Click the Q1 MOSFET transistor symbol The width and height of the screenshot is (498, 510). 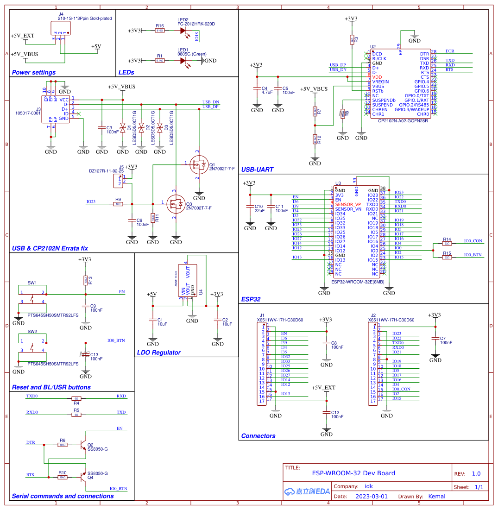tap(200, 165)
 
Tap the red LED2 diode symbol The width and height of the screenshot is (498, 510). tap(184, 31)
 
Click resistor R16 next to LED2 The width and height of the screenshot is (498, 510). tap(160, 31)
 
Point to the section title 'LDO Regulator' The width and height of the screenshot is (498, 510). tap(159, 353)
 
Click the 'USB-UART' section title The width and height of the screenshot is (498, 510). tap(257, 170)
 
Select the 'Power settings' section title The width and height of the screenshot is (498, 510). tap(33, 72)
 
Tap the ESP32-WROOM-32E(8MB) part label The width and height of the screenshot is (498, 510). tap(357, 281)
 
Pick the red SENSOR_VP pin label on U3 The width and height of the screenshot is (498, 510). tap(348, 204)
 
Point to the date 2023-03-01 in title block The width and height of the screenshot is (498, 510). tap(372, 496)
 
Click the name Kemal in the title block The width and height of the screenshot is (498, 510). tap(436, 496)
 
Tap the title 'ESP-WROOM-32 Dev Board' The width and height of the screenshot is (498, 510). tap(353, 473)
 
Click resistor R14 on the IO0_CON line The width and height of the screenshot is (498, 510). tap(447, 243)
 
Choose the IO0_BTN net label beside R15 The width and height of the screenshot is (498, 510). tap(473, 255)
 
